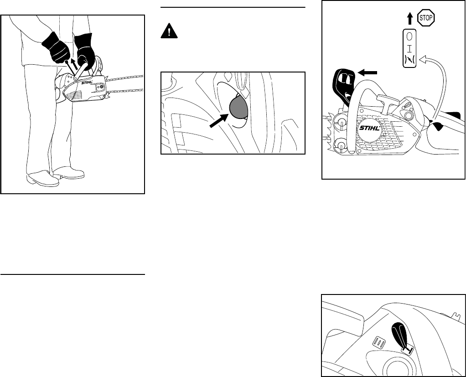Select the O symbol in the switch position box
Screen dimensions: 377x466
tap(410, 36)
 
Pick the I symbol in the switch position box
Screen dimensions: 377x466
tap(410, 48)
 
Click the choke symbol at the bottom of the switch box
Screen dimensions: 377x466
tap(410, 60)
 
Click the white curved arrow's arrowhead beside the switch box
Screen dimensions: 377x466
tap(423, 58)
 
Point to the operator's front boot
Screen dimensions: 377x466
tap(69, 173)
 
